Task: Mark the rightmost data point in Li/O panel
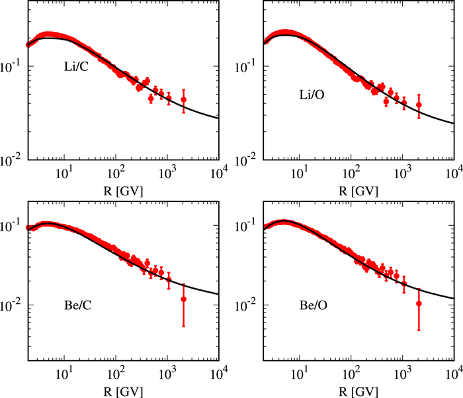(419, 105)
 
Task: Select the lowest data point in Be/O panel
(419, 304)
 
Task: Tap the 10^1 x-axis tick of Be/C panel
(65, 374)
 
